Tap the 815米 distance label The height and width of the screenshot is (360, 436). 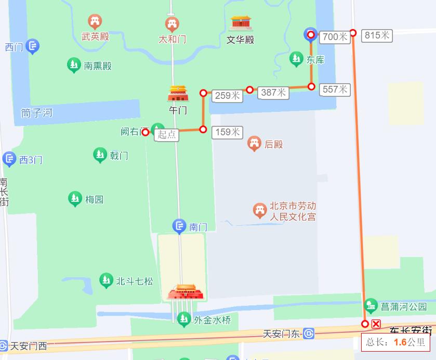377,35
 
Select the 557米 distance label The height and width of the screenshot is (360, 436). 335,89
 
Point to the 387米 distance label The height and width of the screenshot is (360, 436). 273,93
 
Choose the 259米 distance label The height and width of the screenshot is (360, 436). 228,96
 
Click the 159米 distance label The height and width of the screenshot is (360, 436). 228,132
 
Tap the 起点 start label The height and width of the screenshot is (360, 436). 167,135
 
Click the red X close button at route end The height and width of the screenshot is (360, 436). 376,324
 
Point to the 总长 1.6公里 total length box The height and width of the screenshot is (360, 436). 395,342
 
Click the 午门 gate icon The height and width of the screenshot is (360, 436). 178,94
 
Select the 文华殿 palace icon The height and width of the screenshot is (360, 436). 241,22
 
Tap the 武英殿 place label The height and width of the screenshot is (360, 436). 95,37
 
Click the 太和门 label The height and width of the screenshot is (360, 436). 172,39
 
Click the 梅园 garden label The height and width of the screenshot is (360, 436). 94,199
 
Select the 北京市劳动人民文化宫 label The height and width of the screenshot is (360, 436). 292,211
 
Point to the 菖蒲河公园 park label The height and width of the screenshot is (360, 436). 403,307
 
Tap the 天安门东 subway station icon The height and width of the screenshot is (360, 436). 309,333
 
